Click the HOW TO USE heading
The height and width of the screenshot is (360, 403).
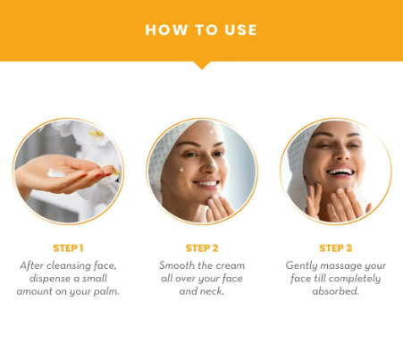[x=201, y=30]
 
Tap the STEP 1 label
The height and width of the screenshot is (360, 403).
[x=68, y=248]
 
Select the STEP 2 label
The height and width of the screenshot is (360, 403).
[x=202, y=248]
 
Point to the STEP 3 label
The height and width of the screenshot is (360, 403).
[x=336, y=248]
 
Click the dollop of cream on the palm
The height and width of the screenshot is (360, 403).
[x=56, y=173]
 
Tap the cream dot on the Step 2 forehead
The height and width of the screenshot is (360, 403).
[x=211, y=132]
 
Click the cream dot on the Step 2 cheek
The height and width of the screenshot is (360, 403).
[x=181, y=170]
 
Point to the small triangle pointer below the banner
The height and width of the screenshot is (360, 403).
[x=202, y=65]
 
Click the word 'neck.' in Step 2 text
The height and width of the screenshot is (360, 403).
[x=214, y=291]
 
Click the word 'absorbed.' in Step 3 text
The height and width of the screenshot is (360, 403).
[x=336, y=291]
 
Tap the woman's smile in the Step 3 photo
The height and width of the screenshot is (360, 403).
[x=340, y=172]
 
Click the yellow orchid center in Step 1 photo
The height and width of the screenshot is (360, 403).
[x=97, y=134]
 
